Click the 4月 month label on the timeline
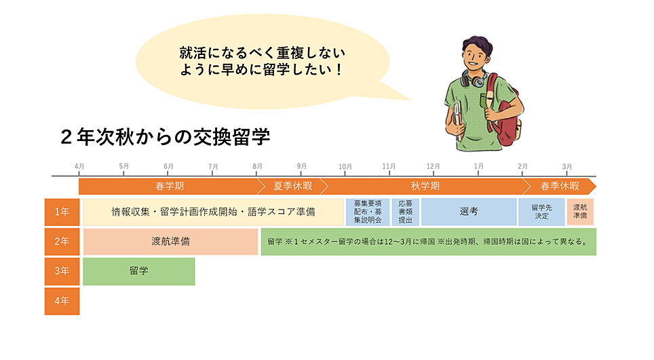click(x=79, y=166)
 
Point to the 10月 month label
click(x=345, y=166)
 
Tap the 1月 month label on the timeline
click(x=479, y=166)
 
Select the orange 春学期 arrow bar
click(x=169, y=186)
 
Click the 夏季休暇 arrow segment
click(x=292, y=186)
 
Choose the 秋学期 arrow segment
click(x=425, y=186)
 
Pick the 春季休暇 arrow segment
click(x=560, y=186)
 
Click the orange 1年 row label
click(x=62, y=212)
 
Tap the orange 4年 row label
click(x=62, y=301)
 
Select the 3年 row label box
click(x=62, y=271)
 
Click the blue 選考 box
click(x=469, y=212)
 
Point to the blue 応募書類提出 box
click(x=405, y=212)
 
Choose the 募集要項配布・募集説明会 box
click(x=368, y=212)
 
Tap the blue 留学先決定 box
click(x=541, y=212)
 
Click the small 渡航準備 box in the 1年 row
click(x=580, y=212)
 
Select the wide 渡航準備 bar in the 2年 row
click(x=170, y=241)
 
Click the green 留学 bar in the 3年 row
click(x=139, y=271)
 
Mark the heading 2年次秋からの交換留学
click(x=165, y=138)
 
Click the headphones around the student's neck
click(x=474, y=79)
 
